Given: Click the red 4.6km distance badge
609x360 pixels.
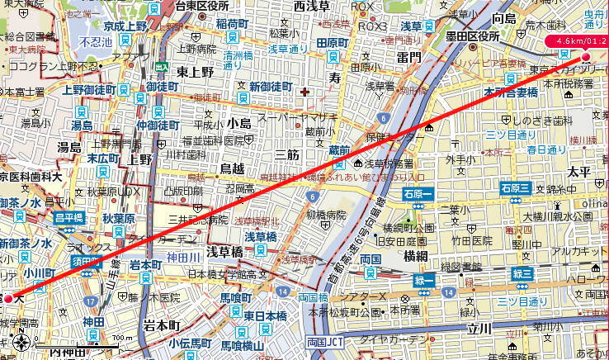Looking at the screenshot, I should point(581,40).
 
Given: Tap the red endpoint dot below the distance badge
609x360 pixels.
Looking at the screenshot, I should point(586,57).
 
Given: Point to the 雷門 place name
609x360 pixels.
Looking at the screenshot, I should point(408,57).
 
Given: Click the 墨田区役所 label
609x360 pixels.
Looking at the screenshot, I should point(472,36).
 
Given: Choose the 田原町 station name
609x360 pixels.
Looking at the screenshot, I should point(333,42).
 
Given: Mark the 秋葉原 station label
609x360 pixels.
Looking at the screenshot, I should point(119,219).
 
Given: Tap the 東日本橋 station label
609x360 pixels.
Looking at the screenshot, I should point(264,315).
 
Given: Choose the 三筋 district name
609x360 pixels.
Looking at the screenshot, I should point(287,154).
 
